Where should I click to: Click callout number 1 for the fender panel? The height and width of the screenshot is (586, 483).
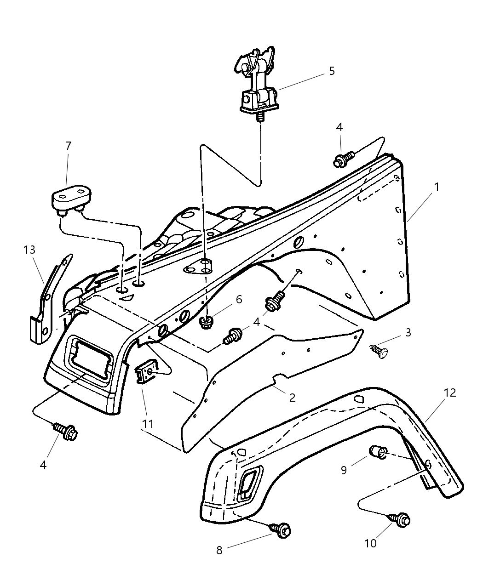[436, 187]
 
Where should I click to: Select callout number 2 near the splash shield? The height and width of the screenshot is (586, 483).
[292, 398]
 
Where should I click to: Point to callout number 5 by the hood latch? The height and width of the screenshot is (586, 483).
[332, 71]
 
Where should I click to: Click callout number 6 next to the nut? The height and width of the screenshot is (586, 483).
[238, 299]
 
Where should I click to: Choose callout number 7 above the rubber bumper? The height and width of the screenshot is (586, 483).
[68, 146]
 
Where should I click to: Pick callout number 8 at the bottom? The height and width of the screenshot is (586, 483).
[219, 550]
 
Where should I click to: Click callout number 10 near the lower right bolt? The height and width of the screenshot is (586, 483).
[370, 543]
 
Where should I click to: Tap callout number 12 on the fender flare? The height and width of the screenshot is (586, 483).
[450, 393]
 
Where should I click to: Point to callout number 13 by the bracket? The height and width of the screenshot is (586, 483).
[29, 250]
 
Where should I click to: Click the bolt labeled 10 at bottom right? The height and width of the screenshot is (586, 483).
[401, 519]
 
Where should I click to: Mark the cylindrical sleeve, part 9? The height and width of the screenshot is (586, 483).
[376, 452]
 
